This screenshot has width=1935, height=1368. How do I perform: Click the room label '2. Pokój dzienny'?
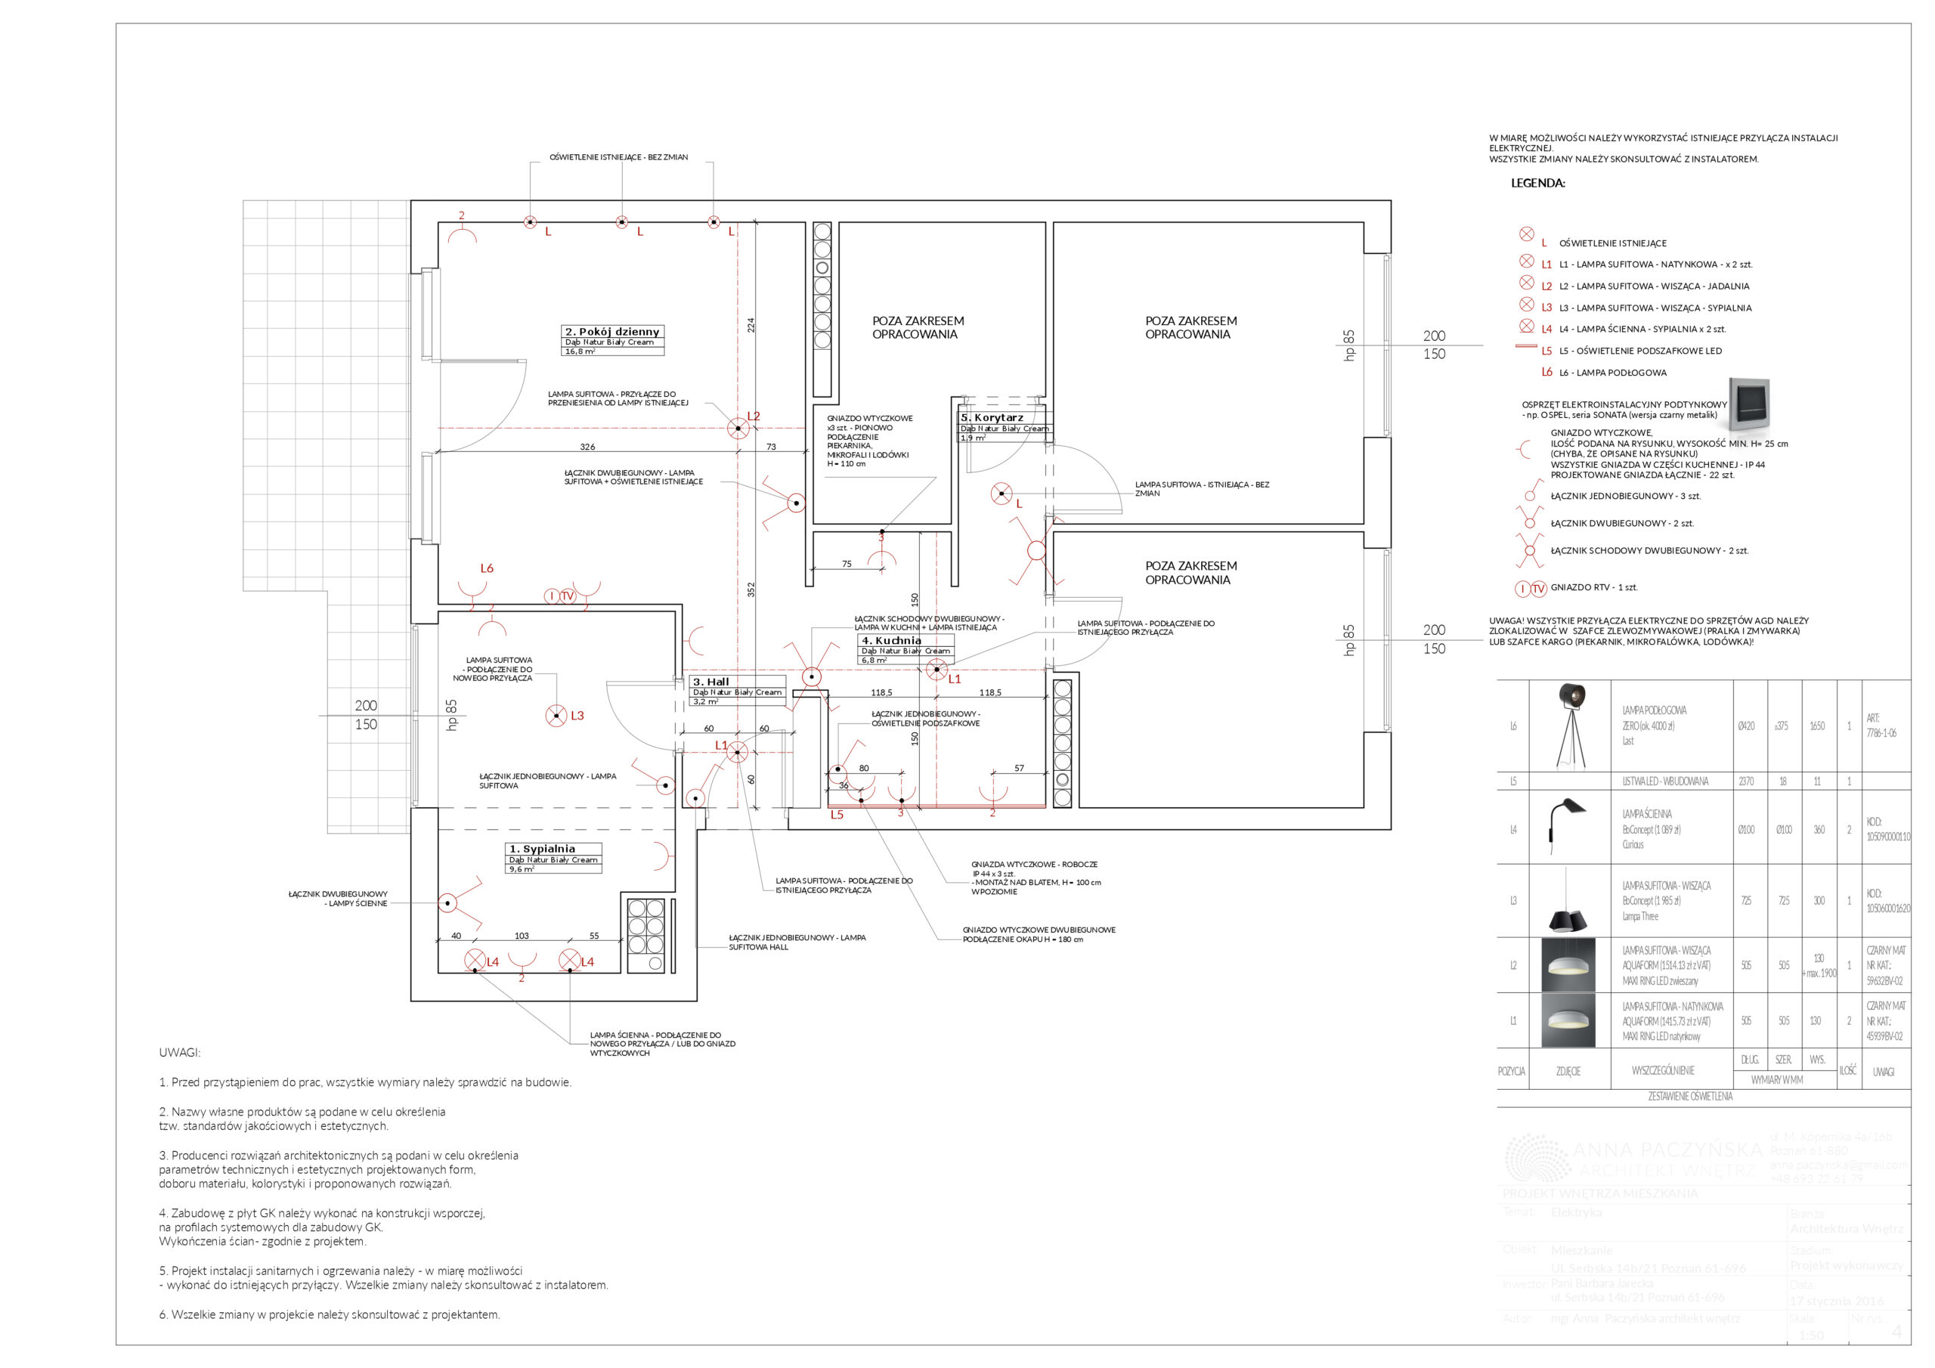(x=613, y=331)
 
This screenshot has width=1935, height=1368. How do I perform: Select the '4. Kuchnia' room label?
(x=892, y=641)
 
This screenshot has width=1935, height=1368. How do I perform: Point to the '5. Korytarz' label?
(x=992, y=417)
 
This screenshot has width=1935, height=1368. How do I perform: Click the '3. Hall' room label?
(x=711, y=682)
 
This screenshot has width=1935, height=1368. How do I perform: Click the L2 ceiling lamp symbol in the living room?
(x=738, y=429)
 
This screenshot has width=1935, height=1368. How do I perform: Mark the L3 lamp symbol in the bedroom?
(x=556, y=716)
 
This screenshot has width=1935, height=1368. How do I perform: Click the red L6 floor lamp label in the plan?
(x=486, y=568)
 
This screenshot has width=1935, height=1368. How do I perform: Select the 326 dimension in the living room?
(x=587, y=447)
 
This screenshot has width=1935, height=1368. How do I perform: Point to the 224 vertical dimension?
(x=751, y=324)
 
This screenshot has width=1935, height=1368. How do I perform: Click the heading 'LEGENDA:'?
(x=1537, y=183)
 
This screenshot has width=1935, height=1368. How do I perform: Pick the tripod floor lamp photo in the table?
(x=1568, y=726)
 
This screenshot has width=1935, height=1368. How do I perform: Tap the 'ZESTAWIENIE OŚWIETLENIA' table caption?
(x=1690, y=1097)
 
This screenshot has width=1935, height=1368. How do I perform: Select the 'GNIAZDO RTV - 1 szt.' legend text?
(x=1593, y=587)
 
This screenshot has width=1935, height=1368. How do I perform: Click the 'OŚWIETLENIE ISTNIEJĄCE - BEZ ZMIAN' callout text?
(x=618, y=158)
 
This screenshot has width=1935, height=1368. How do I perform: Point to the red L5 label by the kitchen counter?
(x=837, y=814)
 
